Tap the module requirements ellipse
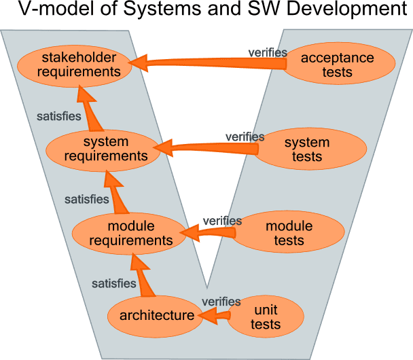[130, 233]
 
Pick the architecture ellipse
[156, 315]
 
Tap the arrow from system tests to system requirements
[211, 146]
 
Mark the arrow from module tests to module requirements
[207, 233]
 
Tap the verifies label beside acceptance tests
[268, 52]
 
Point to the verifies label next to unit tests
[221, 302]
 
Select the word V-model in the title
[58, 12]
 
